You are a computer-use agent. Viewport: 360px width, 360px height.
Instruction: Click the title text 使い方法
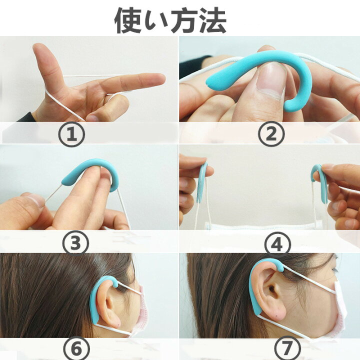170,19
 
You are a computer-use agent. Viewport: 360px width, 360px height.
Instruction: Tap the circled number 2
271,134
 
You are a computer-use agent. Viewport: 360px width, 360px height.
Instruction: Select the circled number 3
75,242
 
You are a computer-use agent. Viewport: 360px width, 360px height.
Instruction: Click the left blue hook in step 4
202,182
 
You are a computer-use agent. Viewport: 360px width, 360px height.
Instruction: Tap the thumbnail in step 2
273,80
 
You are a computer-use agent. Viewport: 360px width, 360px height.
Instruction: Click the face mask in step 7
340,305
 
